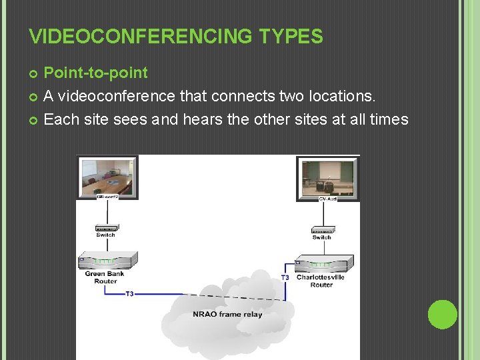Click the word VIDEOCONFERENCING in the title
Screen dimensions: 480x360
137,36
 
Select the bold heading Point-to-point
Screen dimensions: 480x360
95,72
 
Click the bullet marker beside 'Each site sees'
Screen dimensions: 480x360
34,121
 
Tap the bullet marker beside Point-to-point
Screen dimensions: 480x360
34,73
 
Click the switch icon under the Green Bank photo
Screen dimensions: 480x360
105,227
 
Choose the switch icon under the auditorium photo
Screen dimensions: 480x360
322,229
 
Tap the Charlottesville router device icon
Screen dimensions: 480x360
323,263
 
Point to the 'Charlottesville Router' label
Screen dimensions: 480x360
321,281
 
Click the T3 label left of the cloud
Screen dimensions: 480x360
129,294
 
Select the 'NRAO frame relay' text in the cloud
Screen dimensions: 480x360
227,314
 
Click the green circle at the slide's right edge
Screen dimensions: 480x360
443,315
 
